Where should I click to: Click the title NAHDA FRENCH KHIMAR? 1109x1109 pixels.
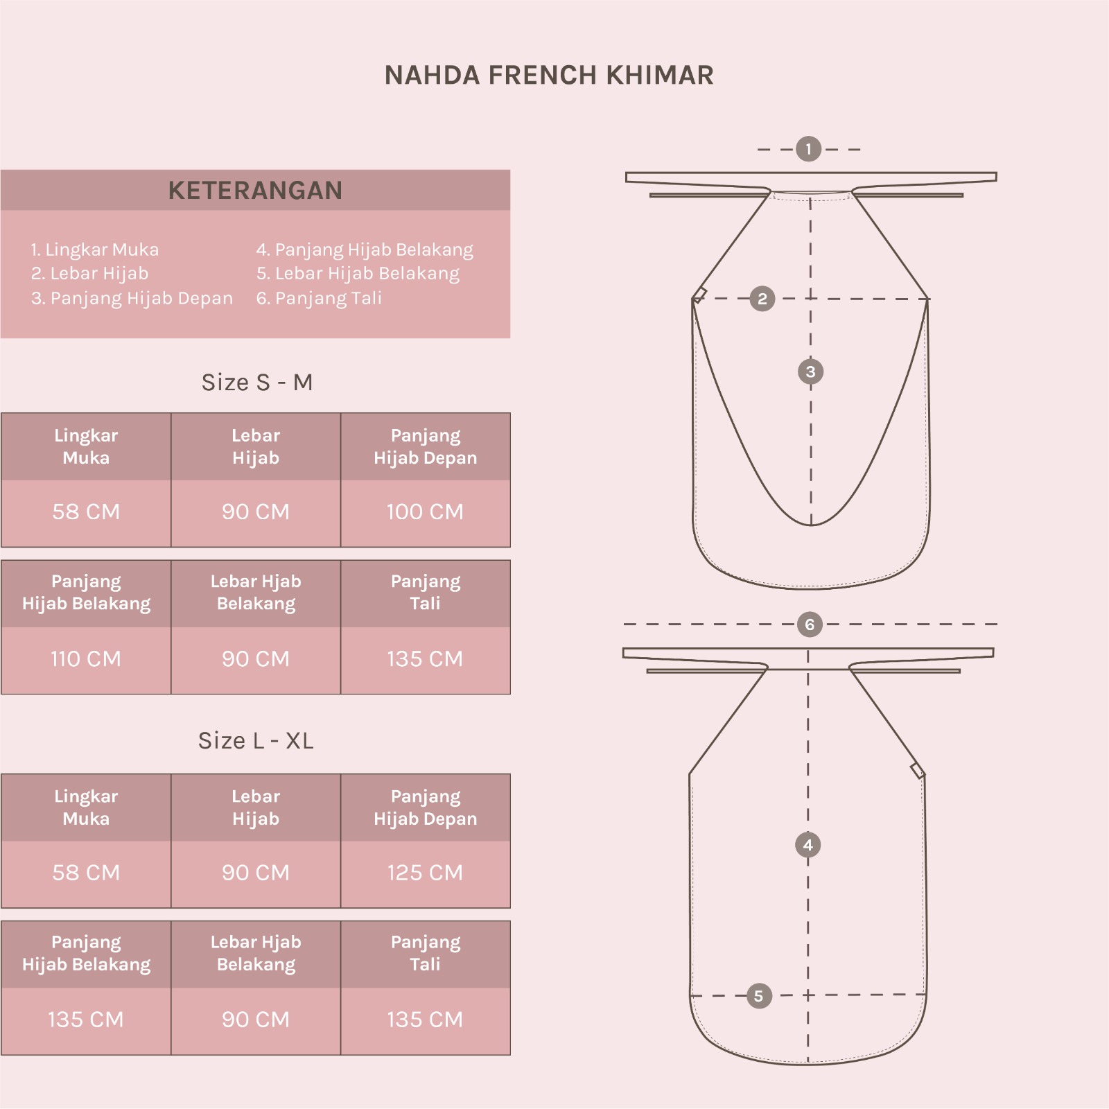click(x=549, y=76)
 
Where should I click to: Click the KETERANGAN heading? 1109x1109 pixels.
click(x=255, y=191)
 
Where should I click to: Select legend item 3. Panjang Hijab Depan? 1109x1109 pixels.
click(x=132, y=299)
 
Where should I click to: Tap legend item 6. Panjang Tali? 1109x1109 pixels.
click(x=319, y=299)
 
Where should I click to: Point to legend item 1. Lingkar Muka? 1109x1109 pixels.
click(x=95, y=250)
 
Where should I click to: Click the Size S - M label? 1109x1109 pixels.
click(x=256, y=383)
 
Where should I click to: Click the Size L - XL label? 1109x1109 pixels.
click(x=256, y=741)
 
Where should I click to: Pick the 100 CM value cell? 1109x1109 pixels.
click(x=425, y=512)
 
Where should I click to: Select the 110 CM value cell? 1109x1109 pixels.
click(x=86, y=659)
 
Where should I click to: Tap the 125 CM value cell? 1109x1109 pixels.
click(x=425, y=873)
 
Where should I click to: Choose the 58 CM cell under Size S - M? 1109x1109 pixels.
click(x=86, y=512)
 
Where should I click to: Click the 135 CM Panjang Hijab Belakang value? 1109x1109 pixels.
click(x=86, y=1020)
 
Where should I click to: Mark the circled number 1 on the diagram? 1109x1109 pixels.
click(x=808, y=149)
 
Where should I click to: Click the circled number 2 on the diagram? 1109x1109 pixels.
click(x=762, y=299)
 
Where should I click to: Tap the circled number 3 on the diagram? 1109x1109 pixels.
click(x=811, y=372)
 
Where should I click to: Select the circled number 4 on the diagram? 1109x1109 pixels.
click(x=808, y=846)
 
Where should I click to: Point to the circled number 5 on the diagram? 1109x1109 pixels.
click(x=759, y=997)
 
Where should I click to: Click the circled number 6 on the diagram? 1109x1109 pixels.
click(x=810, y=625)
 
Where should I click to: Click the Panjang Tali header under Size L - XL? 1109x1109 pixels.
click(x=425, y=953)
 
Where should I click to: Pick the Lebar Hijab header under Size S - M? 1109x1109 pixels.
click(x=256, y=447)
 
